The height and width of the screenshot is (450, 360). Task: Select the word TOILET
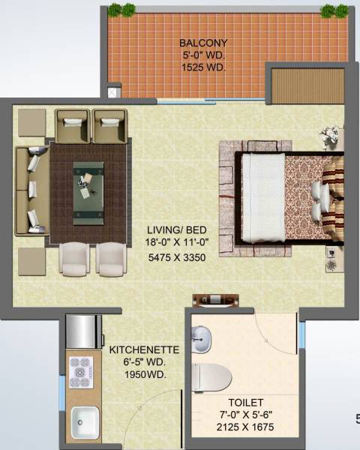(x=247, y=403)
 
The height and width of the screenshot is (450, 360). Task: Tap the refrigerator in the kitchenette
(x=83, y=330)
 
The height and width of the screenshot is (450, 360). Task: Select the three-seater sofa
(x=32, y=190)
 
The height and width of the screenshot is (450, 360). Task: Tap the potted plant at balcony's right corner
(x=328, y=10)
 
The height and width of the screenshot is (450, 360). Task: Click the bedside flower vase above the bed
(x=327, y=137)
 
